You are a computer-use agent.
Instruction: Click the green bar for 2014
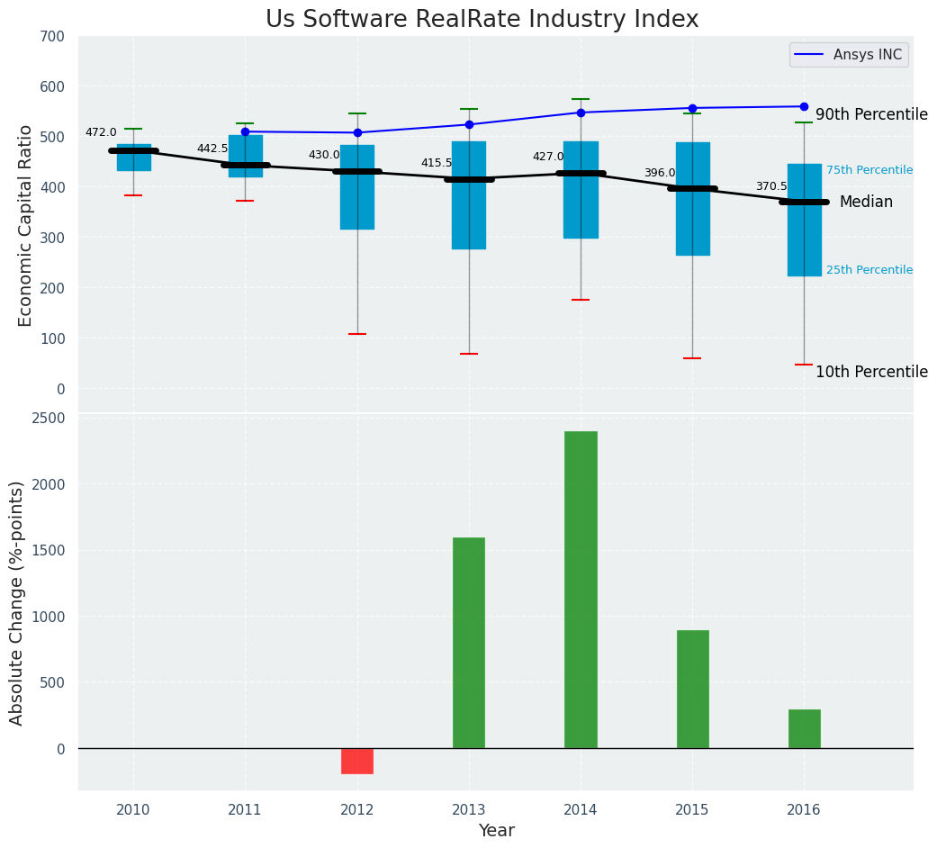(x=581, y=590)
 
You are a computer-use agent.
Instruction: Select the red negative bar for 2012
(x=357, y=761)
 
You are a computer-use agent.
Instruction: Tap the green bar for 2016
(x=804, y=728)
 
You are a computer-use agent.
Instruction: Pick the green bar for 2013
(x=469, y=643)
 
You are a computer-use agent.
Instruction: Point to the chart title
(x=482, y=20)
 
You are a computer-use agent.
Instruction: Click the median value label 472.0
(x=101, y=132)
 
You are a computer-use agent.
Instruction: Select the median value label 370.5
(x=771, y=186)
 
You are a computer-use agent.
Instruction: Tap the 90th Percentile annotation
(x=871, y=114)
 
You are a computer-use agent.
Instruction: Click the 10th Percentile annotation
(x=871, y=372)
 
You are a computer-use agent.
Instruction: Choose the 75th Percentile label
(x=869, y=170)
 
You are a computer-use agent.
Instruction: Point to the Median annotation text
(x=866, y=203)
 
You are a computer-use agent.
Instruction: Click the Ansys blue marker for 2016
(x=804, y=106)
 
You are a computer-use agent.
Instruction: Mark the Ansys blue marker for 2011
(x=245, y=131)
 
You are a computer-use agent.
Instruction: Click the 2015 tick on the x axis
(x=692, y=810)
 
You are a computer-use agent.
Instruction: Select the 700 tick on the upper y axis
(x=52, y=36)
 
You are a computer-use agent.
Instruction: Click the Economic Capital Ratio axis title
(x=25, y=225)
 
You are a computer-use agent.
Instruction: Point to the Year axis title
(x=496, y=831)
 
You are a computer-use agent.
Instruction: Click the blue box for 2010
(x=134, y=158)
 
